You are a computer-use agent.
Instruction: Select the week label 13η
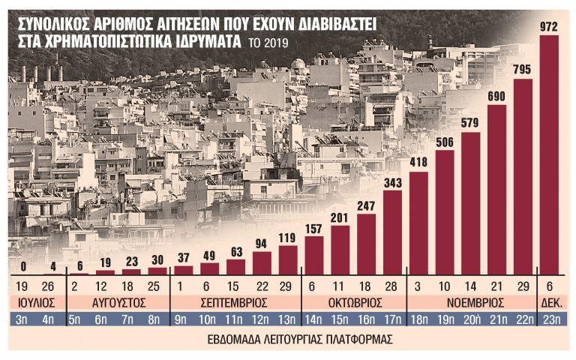(x=288, y=321)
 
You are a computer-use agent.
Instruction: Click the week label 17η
(x=392, y=321)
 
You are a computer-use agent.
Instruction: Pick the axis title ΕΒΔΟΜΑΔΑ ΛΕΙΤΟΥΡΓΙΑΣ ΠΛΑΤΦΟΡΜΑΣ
(x=288, y=339)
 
